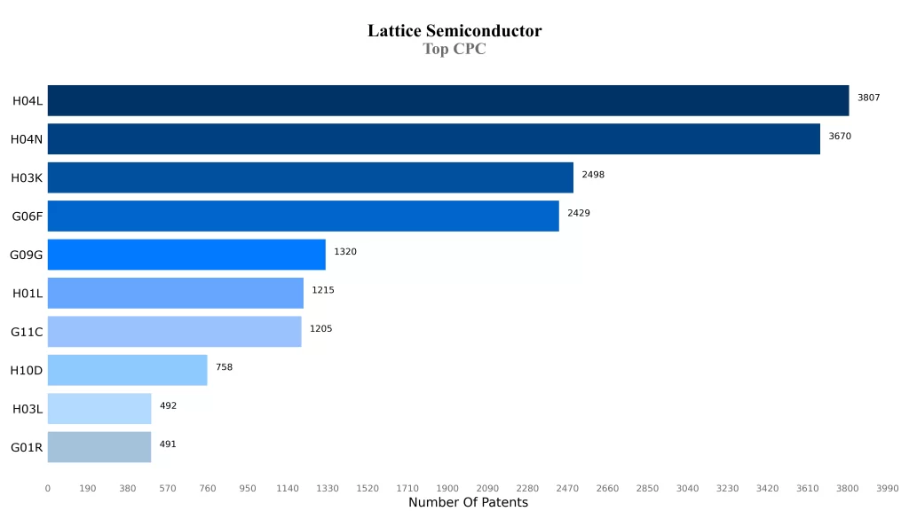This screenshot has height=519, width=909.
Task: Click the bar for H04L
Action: tap(448, 100)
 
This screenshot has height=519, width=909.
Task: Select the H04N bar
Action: tap(433, 139)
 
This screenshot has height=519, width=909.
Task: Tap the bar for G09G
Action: tap(186, 255)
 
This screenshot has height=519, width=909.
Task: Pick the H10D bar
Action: tap(127, 370)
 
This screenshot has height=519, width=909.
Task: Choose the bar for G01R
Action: tap(99, 447)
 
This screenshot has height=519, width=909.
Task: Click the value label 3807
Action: tap(868, 98)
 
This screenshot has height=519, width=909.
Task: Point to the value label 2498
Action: tap(593, 175)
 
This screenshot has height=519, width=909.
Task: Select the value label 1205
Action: tap(320, 329)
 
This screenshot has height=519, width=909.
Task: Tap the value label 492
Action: tap(168, 405)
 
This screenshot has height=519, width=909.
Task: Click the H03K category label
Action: tap(27, 177)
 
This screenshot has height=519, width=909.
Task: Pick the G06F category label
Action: tap(27, 216)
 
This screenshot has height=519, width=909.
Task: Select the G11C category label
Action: tap(27, 332)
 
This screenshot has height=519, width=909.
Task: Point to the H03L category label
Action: tap(27, 409)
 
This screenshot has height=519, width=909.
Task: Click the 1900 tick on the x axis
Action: tap(447, 488)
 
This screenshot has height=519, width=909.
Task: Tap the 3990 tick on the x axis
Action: tap(887, 488)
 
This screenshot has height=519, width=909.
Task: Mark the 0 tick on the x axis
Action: tap(48, 488)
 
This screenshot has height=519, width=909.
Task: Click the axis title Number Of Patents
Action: tap(468, 503)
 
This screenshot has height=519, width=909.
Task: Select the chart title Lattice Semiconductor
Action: tap(454, 31)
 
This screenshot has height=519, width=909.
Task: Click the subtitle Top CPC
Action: tap(454, 50)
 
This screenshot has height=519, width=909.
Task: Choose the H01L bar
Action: tap(176, 293)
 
